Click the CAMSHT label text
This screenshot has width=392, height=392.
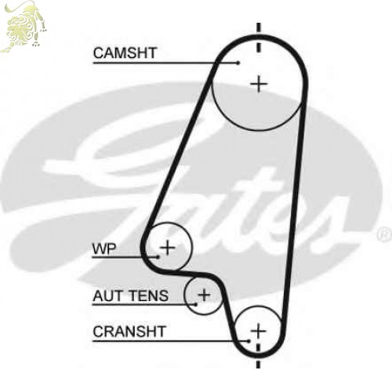125,53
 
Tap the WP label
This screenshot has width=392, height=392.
104,249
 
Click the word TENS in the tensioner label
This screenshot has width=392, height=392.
149,296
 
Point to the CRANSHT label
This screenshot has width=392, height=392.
129,332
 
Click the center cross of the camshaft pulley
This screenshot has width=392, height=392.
259,84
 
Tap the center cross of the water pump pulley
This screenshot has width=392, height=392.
168,247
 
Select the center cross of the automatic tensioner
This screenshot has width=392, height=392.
204,296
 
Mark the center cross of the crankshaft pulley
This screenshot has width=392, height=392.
258,331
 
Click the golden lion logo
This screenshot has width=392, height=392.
24,26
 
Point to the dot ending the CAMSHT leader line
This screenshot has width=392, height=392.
238,63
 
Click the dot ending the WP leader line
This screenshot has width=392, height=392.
158,257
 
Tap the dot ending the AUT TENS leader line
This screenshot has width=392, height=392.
195,304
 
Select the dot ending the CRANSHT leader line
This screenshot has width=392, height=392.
249,341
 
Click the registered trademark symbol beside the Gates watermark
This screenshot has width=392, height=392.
384,234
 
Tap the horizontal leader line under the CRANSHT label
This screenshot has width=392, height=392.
171,341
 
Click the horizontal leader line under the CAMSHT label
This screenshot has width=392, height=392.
165,63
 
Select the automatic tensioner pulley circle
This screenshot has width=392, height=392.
184,296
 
